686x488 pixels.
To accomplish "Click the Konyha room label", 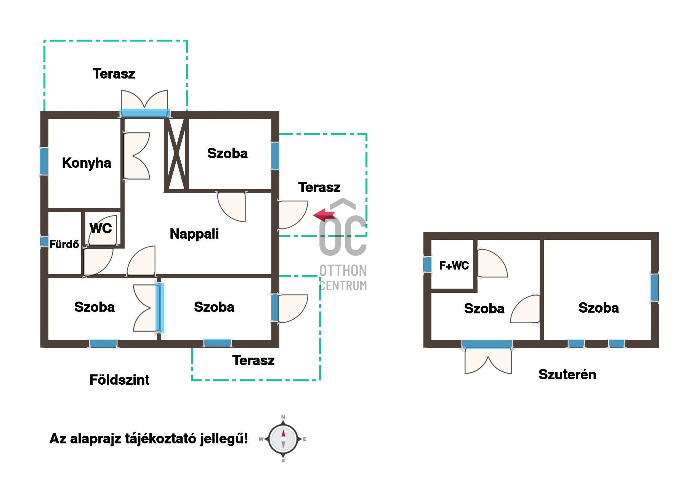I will pos(87,163).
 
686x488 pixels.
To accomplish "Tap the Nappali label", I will pos(194,234).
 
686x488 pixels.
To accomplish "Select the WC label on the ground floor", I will pos(101,228).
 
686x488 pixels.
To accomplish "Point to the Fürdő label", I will pos(64,244).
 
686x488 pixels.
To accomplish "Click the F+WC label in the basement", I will pos(454,265).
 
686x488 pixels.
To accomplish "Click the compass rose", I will pos(283,439).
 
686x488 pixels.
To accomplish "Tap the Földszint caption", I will pos(119,380).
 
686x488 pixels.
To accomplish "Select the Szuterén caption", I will pos(567,374).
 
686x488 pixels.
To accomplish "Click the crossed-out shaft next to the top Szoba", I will pos(176,154).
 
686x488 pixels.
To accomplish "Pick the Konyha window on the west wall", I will pos(44,161).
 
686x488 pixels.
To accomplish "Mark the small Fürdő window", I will pos(44,242).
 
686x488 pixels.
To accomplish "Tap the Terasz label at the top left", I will pos(114,74).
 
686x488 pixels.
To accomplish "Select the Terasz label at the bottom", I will pos(253,360).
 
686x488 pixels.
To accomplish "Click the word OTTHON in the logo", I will pos(343,271).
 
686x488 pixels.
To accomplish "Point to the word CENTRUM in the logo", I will pos(343,286).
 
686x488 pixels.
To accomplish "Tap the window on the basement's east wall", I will pos(654,287).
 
